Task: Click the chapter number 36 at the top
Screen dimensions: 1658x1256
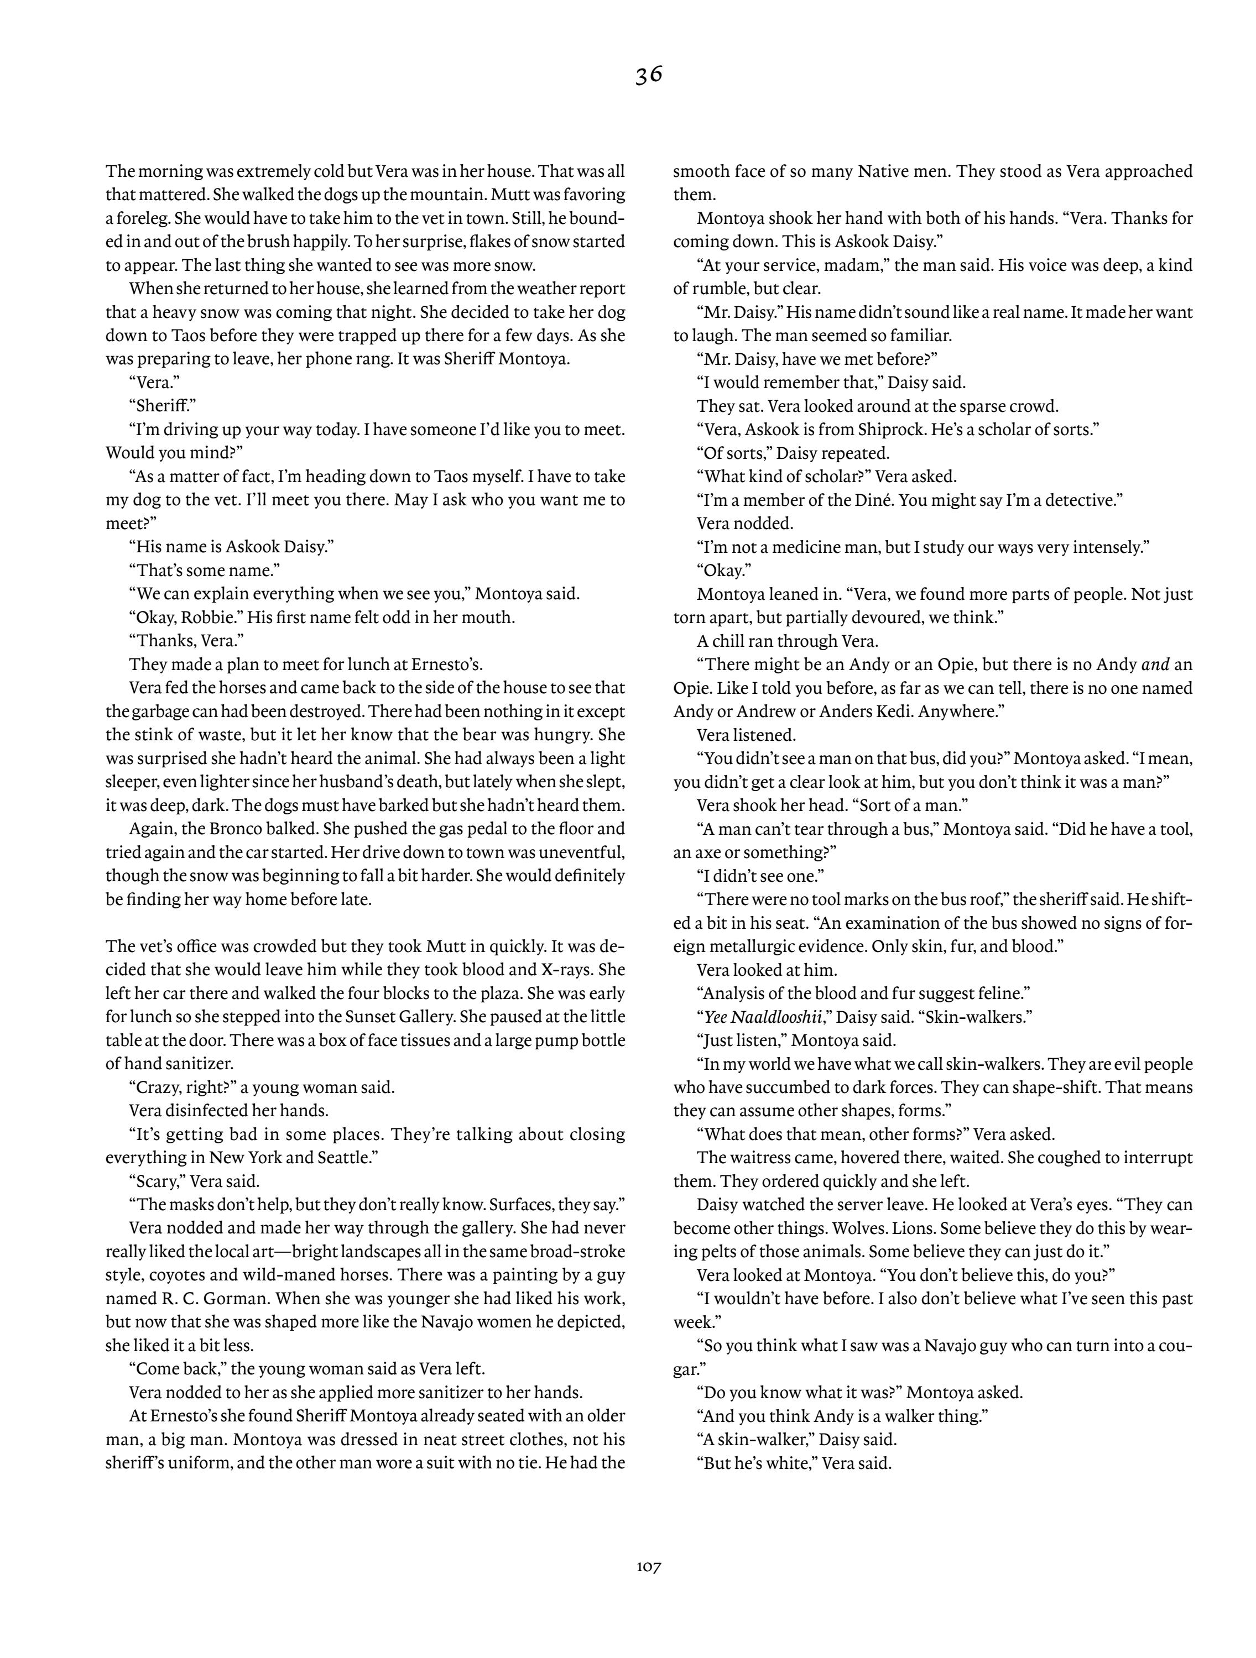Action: coord(649,75)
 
